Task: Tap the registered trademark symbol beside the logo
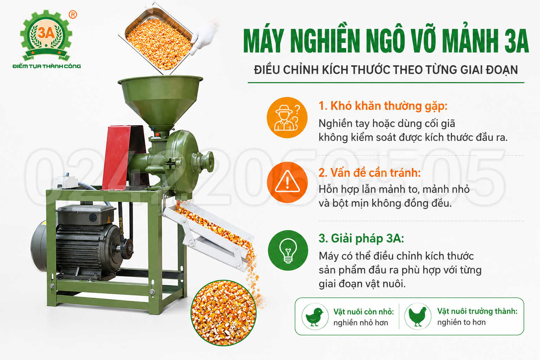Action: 73,15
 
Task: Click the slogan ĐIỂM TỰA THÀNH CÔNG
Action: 47,66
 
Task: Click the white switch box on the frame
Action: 66,182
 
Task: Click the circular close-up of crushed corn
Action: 224,313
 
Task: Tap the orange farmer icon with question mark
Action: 287,117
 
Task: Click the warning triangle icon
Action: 287,182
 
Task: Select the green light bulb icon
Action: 288,250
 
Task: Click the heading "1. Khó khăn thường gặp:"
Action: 383,106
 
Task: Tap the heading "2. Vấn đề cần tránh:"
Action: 369,173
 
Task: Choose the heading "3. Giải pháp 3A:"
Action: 361,238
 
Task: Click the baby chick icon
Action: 315,316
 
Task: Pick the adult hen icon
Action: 418,316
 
